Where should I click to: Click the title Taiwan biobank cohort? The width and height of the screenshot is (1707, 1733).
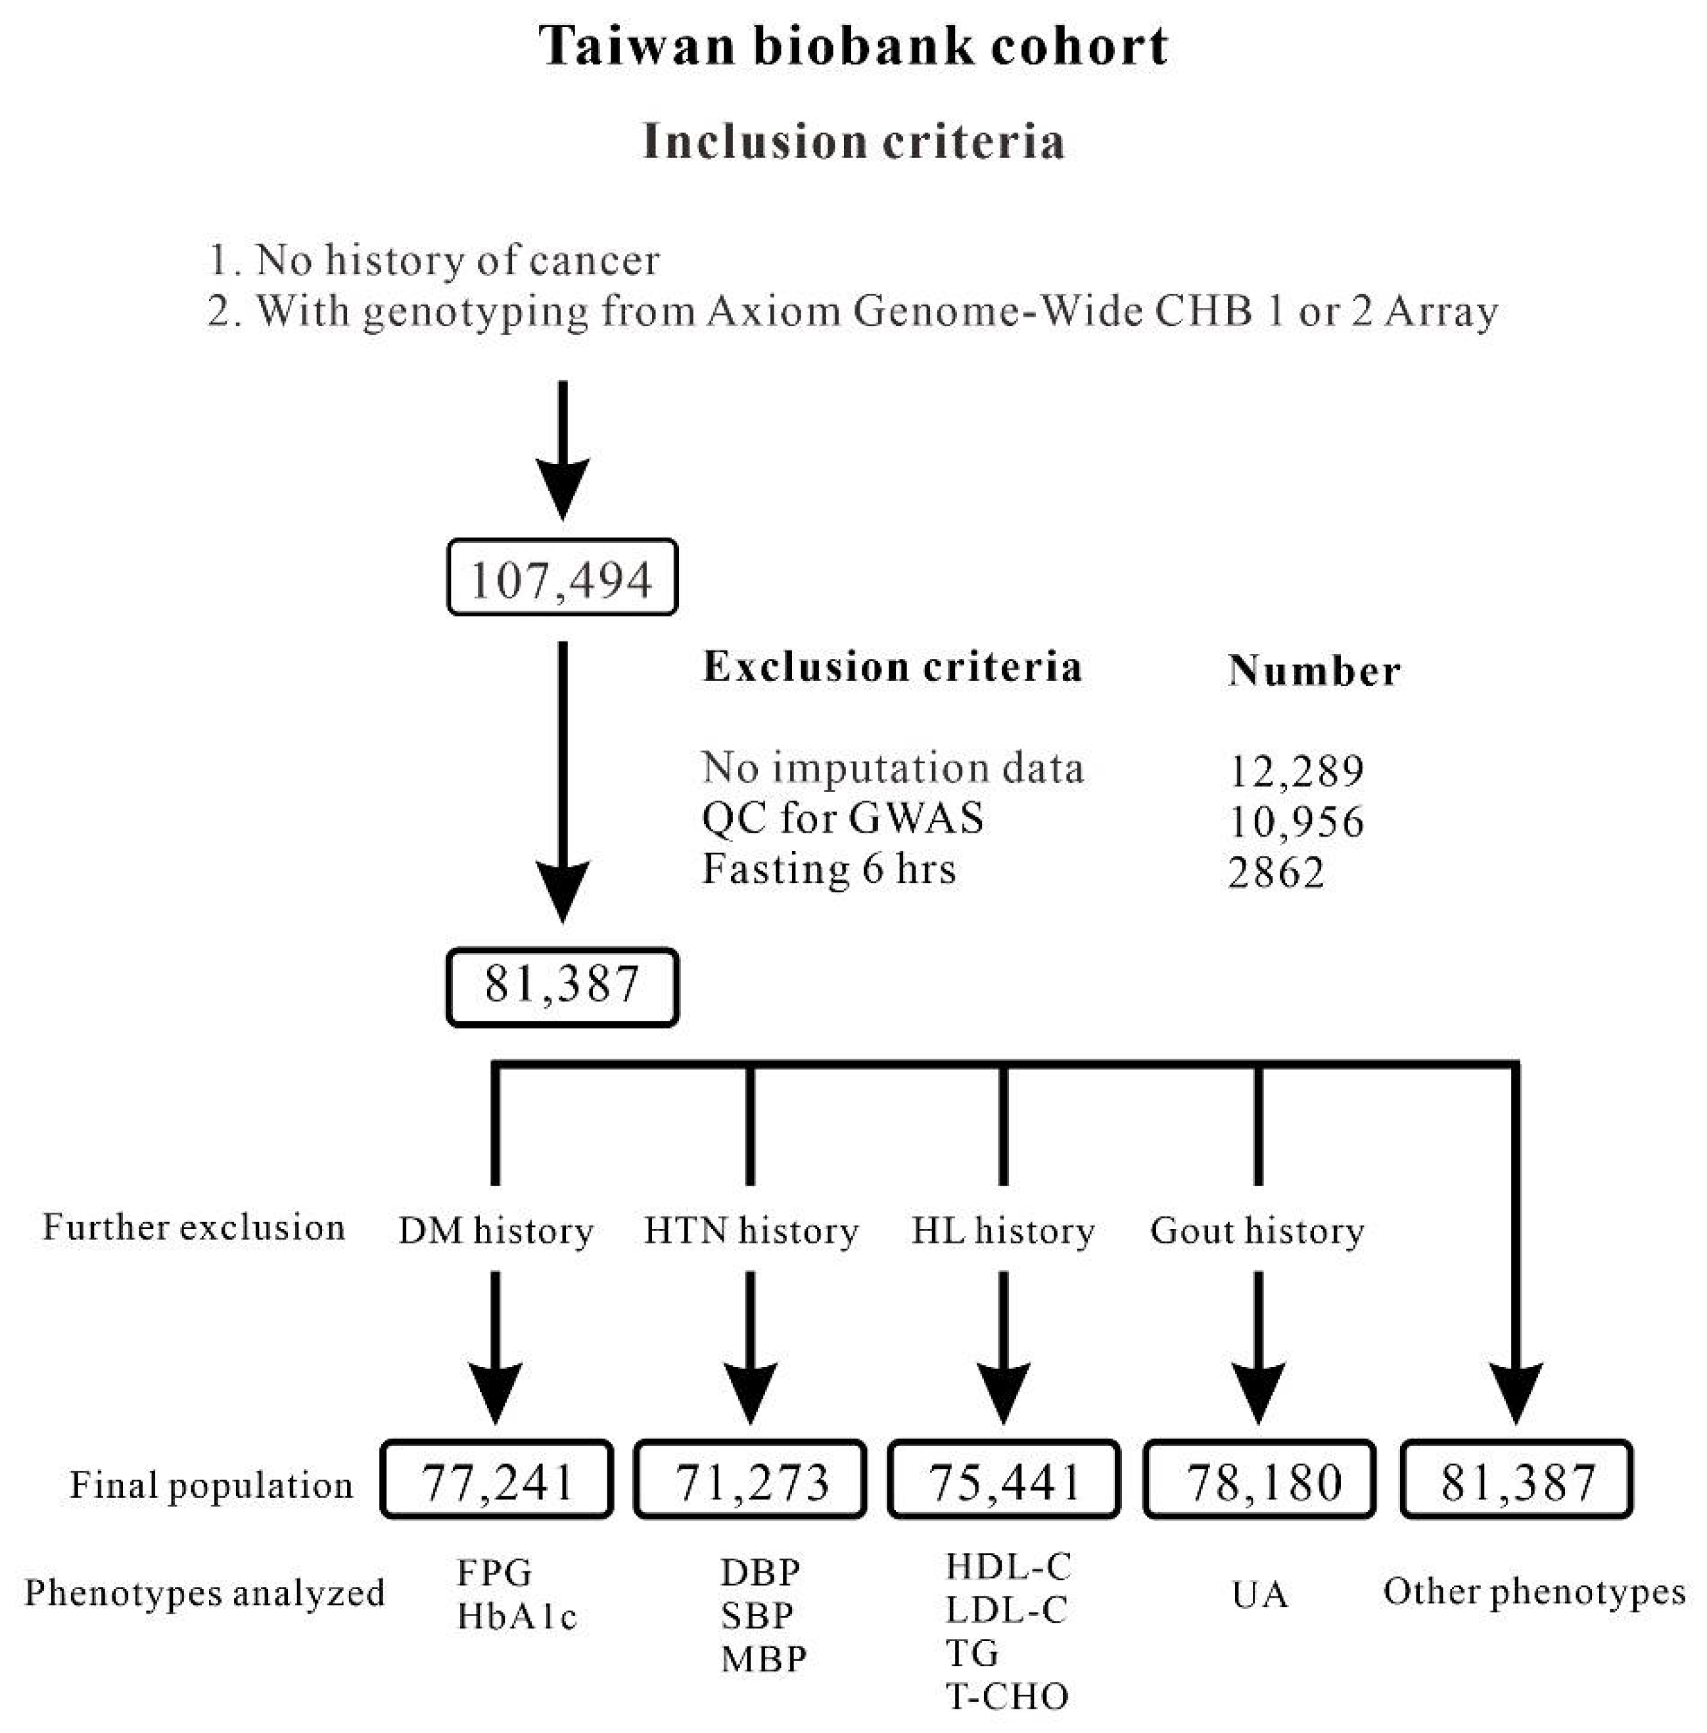[x=853, y=47]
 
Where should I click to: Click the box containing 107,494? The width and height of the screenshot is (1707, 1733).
[x=562, y=578]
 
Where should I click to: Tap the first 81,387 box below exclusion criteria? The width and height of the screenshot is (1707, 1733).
[x=562, y=985]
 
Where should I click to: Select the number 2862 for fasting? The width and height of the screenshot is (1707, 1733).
[x=1275, y=872]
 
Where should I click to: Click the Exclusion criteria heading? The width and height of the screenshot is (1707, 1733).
[x=892, y=668]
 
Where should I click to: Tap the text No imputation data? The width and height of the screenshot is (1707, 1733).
[x=892, y=768]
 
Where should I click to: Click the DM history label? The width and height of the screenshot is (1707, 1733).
[x=496, y=1231]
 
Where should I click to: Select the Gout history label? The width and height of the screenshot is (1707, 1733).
[x=1257, y=1231]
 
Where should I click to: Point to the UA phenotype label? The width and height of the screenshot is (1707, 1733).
[x=1259, y=1595]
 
